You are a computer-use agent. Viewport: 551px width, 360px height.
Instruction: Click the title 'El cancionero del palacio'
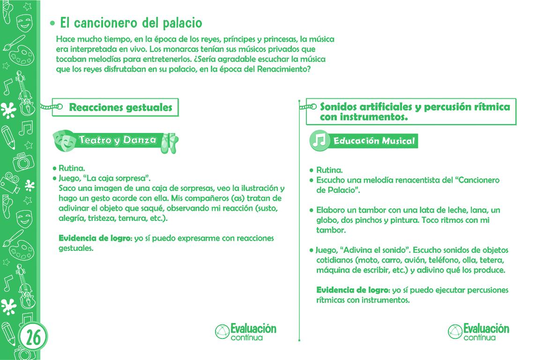(131, 22)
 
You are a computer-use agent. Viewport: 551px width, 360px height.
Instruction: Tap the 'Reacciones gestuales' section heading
(120, 107)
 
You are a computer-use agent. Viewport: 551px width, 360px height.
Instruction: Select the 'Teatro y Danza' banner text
(118, 140)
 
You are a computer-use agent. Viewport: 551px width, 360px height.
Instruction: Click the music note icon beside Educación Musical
(320, 140)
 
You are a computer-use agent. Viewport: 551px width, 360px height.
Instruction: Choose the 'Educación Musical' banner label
(374, 141)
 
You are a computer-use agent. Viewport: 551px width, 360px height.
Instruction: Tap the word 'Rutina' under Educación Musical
(329, 170)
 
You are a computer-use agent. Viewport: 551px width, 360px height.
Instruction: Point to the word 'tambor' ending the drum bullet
(331, 230)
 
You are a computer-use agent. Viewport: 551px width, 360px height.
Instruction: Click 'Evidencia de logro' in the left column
(95, 238)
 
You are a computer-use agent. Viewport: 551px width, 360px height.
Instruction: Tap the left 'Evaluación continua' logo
(246, 331)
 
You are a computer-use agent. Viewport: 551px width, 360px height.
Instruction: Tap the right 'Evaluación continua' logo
(478, 331)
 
